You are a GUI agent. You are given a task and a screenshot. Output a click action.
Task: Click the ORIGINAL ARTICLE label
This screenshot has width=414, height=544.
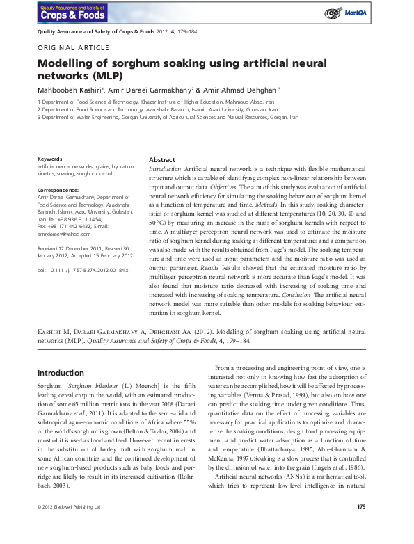tap(73, 48)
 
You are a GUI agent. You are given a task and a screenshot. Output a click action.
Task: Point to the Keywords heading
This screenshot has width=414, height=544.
tap(51, 159)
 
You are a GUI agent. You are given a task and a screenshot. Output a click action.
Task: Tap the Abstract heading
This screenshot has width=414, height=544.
tap(162, 160)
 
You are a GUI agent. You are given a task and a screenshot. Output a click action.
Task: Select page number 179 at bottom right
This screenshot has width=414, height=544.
tap(361, 525)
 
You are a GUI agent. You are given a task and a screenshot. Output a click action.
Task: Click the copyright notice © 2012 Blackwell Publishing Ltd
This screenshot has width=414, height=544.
tap(70, 526)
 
